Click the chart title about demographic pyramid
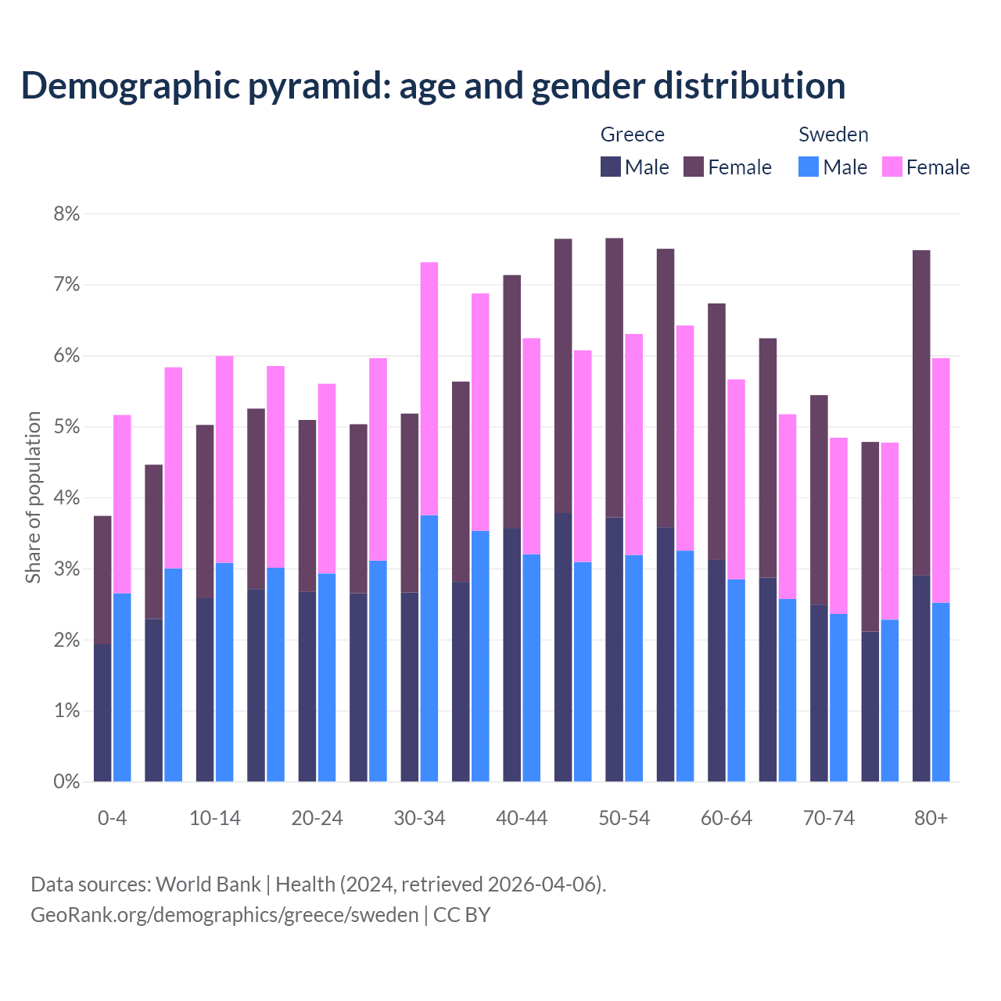tap(433, 86)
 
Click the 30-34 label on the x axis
tap(419, 819)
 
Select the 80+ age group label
tap(931, 819)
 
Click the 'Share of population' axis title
tap(34, 497)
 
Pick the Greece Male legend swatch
tap(610, 167)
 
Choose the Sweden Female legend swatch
tap(892, 167)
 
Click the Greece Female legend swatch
tap(694, 167)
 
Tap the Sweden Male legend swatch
tap(809, 167)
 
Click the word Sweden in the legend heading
tap(833, 135)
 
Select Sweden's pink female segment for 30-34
tap(429, 389)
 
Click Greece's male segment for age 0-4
tap(102, 712)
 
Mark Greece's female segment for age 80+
tap(921, 413)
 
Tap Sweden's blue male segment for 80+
tap(941, 692)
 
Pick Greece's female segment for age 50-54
tap(615, 378)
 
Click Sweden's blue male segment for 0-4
tap(122, 687)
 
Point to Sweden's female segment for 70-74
tap(838, 526)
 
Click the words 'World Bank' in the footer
tap(208, 884)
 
